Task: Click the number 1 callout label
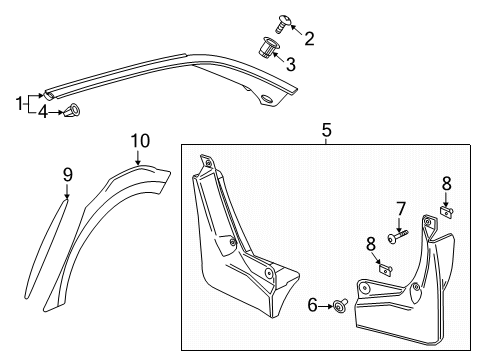pos(17,102)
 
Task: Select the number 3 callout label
pos(291,65)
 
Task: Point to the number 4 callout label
pos(42,111)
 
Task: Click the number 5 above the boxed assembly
pos(326,129)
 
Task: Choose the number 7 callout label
pos(400,208)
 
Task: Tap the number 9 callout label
pos(68,174)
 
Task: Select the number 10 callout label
pos(139,140)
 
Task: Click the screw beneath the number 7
pos(396,237)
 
